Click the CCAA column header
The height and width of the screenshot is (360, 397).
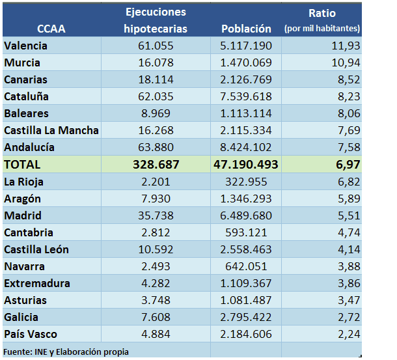click(51, 29)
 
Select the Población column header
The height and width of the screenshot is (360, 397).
click(246, 29)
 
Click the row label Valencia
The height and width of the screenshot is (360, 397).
click(25, 46)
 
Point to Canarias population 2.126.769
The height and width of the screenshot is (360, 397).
click(246, 79)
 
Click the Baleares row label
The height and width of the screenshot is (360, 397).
click(26, 113)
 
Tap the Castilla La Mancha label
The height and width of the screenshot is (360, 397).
click(51, 130)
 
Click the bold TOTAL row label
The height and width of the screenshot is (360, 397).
click(22, 165)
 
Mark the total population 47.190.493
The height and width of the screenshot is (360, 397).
click(246, 165)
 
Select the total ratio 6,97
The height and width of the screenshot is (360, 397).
click(346, 165)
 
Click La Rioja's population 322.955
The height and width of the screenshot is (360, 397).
click(246, 182)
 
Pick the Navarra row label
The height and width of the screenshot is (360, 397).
click(25, 266)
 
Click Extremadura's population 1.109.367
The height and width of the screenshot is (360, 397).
click(246, 283)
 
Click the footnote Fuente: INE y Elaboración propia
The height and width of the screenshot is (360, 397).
click(66, 352)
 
